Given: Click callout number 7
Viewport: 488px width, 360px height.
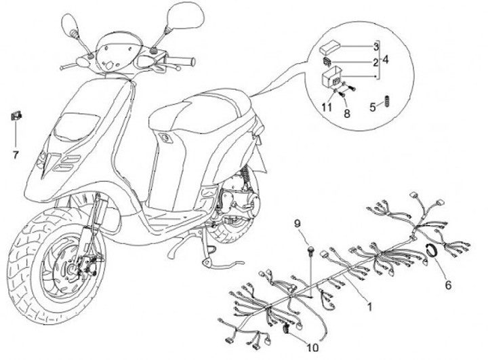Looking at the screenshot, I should [x=15, y=154].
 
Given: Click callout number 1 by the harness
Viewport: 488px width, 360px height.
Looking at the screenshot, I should [x=370, y=306].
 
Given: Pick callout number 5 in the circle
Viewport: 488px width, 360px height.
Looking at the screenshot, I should [x=373, y=106].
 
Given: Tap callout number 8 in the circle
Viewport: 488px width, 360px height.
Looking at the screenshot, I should [x=347, y=114].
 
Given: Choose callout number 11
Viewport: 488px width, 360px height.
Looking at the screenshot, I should [x=326, y=107].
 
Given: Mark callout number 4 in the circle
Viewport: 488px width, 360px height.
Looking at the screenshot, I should [x=385, y=60].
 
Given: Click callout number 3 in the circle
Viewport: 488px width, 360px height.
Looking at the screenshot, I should [x=375, y=47].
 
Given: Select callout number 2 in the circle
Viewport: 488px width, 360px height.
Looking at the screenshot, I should [x=375, y=62].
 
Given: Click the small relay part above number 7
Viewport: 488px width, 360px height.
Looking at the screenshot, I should [x=14, y=115].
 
